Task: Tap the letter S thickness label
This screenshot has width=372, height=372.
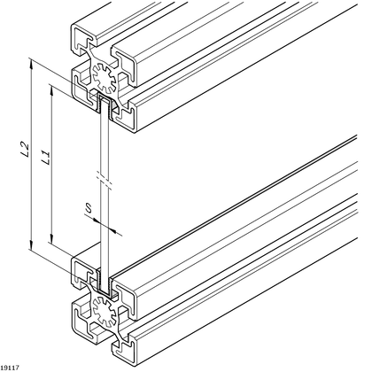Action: pyautogui.click(x=89, y=210)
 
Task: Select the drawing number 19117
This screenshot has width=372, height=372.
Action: pyautogui.click(x=12, y=365)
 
